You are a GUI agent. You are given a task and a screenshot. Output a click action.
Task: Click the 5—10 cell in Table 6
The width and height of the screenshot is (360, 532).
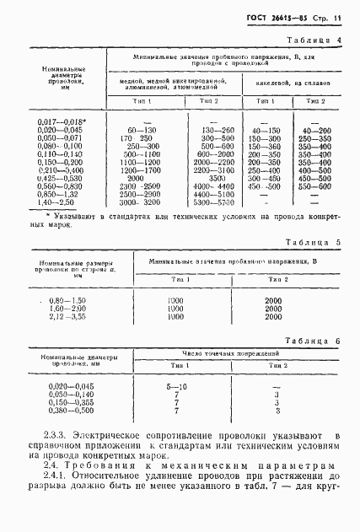point(176,385)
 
